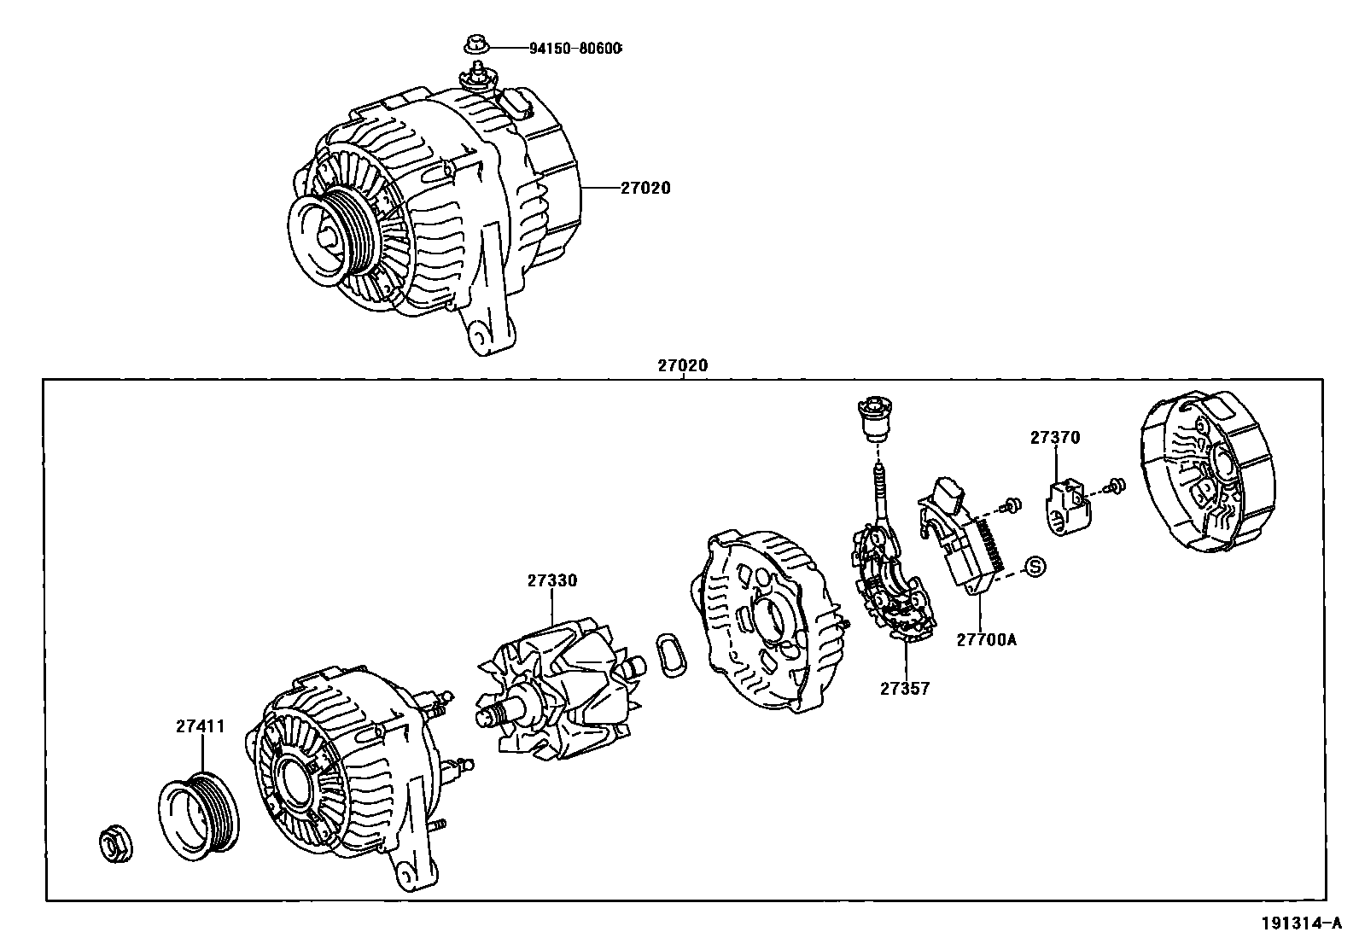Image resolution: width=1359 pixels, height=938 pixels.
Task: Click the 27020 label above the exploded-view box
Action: pos(683,365)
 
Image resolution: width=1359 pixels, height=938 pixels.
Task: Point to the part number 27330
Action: pos(551,580)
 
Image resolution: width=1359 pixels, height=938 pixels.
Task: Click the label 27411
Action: pos(201,726)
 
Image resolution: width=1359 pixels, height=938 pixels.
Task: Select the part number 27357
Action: pos(905,688)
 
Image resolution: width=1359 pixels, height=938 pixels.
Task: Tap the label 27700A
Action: pos(986,638)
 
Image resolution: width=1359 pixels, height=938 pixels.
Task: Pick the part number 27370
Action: pos(1054,438)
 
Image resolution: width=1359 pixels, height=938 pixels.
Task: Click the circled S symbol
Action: pos(1035,566)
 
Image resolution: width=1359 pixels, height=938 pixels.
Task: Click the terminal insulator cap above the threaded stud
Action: pos(872,418)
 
